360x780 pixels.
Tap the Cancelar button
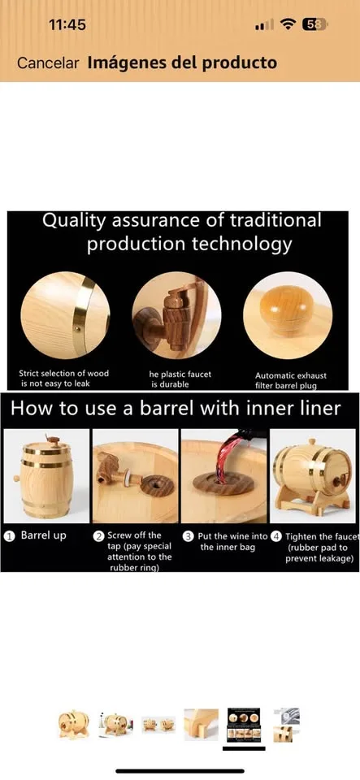pyautogui.click(x=48, y=63)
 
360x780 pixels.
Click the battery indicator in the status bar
pyautogui.click(x=315, y=24)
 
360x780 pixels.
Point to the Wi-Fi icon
pyautogui.click(x=287, y=24)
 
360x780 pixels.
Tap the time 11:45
pyautogui.click(x=67, y=24)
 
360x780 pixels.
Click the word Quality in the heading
pyautogui.click(x=72, y=220)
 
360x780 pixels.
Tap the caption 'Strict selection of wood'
pyautogui.click(x=63, y=374)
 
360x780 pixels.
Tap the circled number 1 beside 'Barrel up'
pyautogui.click(x=9, y=536)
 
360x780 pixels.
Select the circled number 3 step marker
pyautogui.click(x=188, y=536)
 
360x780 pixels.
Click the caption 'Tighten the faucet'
pyautogui.click(x=318, y=535)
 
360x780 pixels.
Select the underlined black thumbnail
pyautogui.click(x=244, y=721)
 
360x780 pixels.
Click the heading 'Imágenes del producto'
pyautogui.click(x=182, y=63)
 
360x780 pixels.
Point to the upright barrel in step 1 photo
pyautogui.click(x=42, y=475)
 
